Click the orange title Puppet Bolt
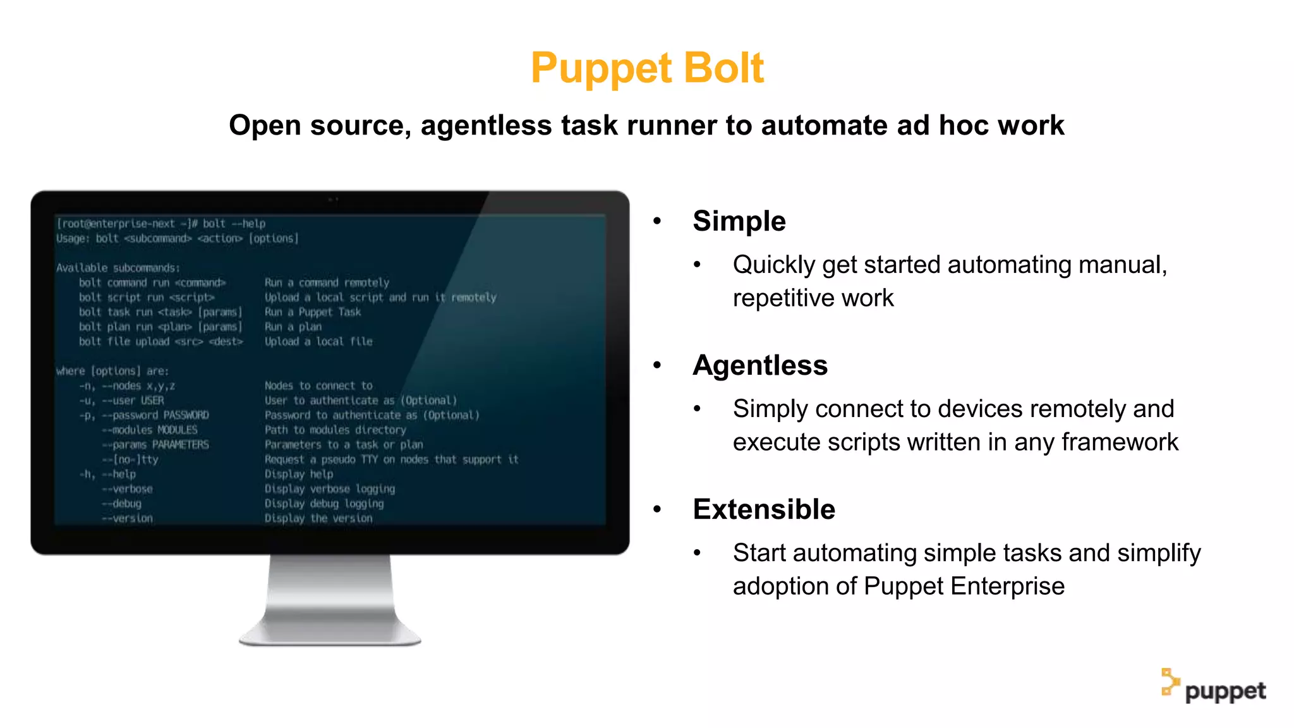(x=647, y=68)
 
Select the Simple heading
(x=739, y=221)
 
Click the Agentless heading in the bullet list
(x=759, y=365)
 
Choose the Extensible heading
(x=763, y=509)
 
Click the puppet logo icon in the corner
(x=1170, y=682)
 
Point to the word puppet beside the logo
(x=1225, y=691)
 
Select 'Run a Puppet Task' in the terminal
(x=313, y=312)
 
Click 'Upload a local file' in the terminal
(x=318, y=342)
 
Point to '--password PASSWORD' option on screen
(x=155, y=415)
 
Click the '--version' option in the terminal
(x=127, y=518)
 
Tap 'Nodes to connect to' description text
(x=318, y=385)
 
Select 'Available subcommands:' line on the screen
(x=118, y=268)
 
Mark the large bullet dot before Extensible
(x=657, y=509)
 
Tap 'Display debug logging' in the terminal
(x=323, y=504)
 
